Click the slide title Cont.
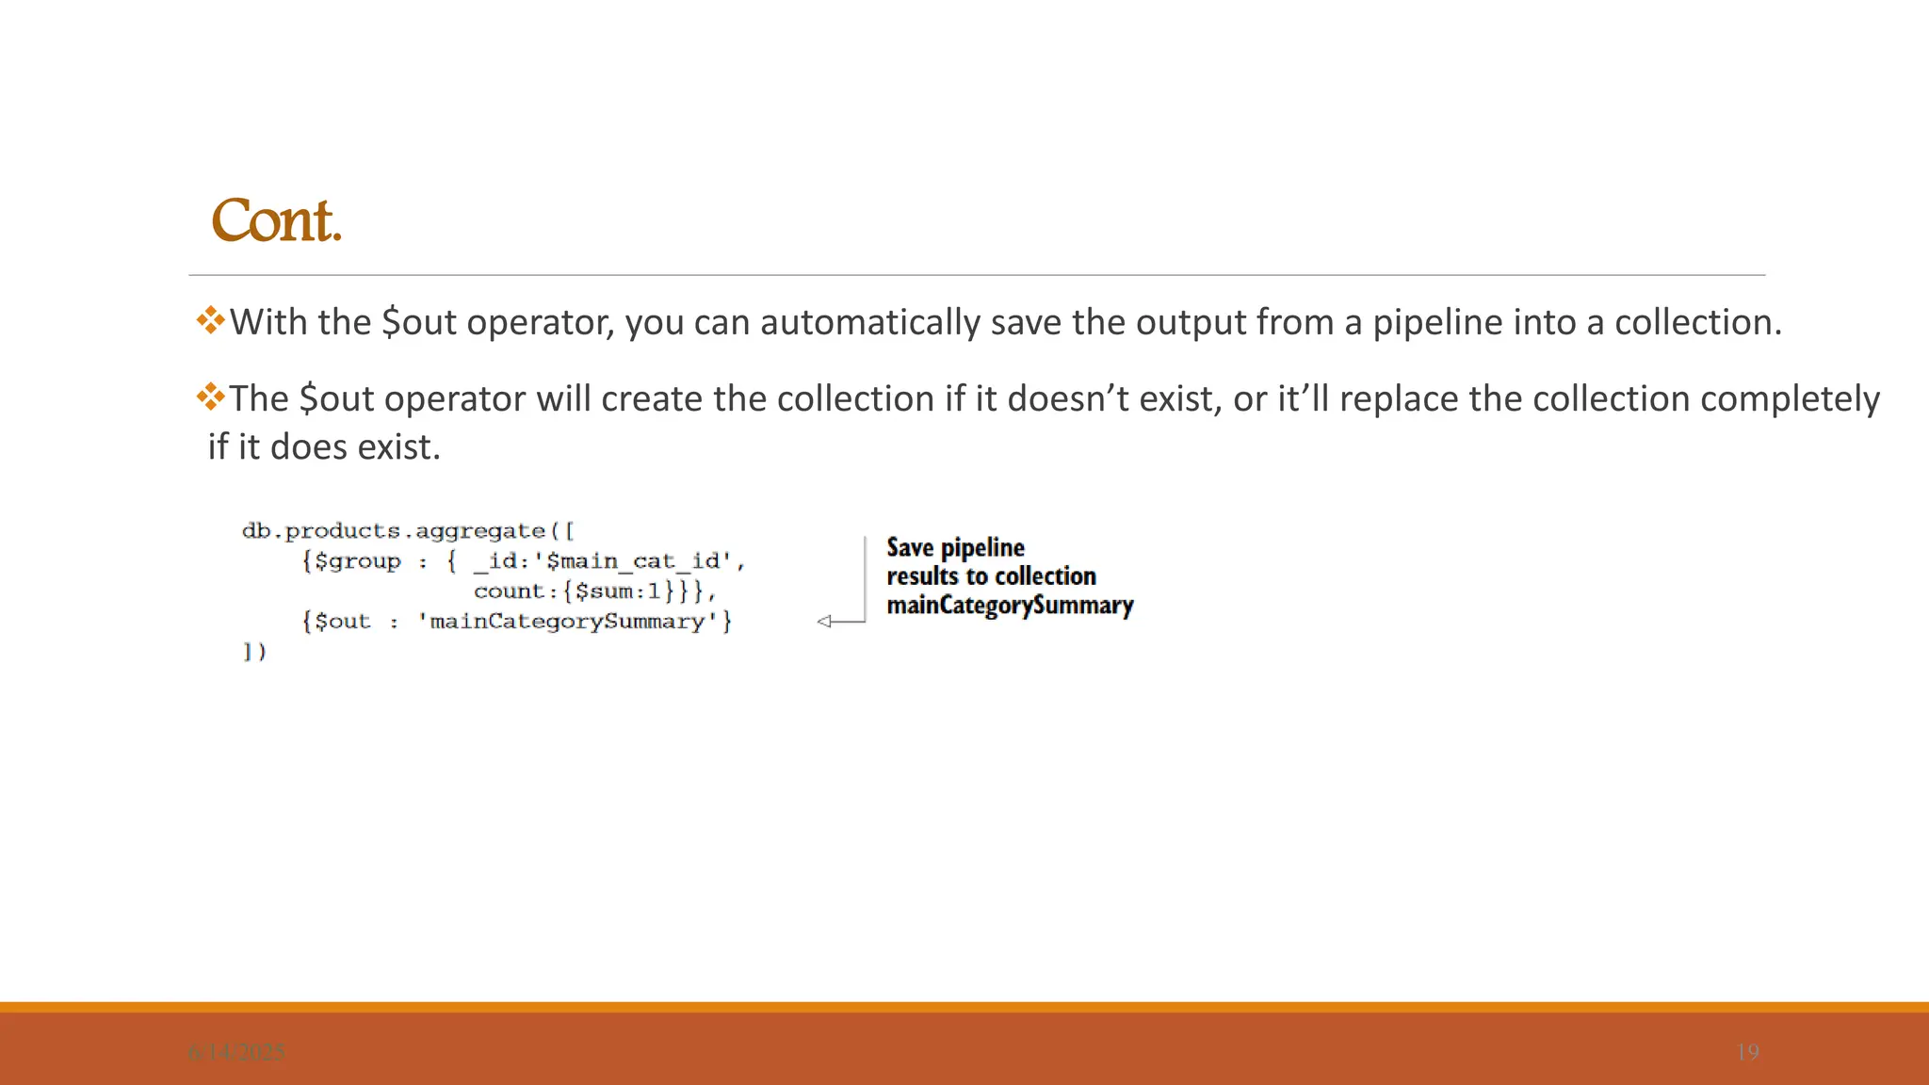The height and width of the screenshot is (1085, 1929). tap(276, 221)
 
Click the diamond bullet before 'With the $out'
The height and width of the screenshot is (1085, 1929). tap(210, 320)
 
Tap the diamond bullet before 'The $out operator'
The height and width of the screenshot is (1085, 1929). tap(210, 397)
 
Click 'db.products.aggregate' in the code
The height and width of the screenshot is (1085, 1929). tap(394, 531)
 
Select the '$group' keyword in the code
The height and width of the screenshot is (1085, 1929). tap(357, 561)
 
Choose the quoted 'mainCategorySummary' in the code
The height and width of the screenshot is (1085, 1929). tap(568, 622)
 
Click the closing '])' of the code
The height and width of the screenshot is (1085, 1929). tap(254, 652)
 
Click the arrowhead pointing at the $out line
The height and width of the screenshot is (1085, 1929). tap(825, 622)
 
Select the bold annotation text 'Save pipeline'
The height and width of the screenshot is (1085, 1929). tap(955, 547)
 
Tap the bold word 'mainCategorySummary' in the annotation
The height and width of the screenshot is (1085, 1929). tap(1010, 605)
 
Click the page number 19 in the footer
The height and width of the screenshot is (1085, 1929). tap(1747, 1052)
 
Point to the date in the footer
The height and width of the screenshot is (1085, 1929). tap(236, 1052)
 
